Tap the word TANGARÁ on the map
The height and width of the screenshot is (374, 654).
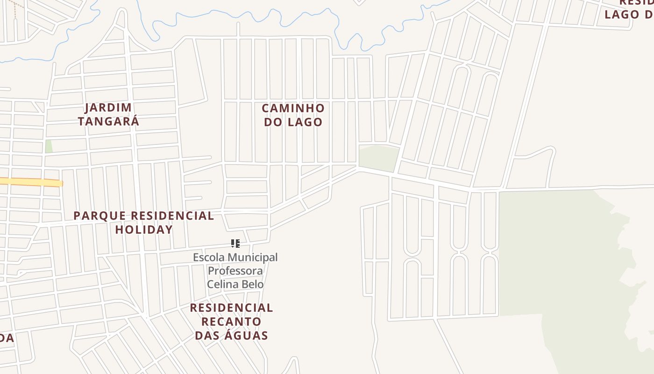[108, 122]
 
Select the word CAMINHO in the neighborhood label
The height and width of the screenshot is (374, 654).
[293, 108]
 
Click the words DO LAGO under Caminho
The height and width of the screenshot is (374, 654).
[293, 122]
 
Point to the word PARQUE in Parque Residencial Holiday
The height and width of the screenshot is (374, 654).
[100, 216]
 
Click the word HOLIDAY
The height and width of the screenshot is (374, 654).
[144, 230]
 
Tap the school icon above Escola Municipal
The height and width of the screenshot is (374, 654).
[235, 243]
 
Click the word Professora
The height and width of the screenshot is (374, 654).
[235, 271]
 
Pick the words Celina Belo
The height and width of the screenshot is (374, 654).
[235, 284]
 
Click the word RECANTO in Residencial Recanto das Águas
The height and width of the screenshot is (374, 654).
[231, 322]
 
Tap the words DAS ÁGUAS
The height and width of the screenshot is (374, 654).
[231, 335]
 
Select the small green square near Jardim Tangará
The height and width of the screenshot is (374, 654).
[49, 146]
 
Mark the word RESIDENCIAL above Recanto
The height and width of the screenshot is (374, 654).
[231, 308]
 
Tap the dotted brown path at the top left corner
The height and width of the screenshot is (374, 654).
[15, 8]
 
